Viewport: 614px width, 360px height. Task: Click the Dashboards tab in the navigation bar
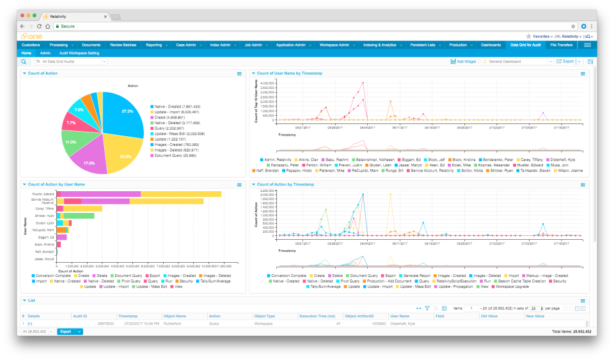click(491, 45)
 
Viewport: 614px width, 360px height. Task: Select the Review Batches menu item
click(123, 45)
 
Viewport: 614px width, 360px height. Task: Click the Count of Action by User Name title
click(57, 184)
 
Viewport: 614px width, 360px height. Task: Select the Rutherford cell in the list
click(173, 324)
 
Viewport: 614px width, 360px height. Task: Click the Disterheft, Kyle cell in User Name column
click(404, 324)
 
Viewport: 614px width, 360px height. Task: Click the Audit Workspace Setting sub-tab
click(79, 53)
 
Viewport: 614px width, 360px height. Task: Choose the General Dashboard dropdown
click(515, 61)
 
